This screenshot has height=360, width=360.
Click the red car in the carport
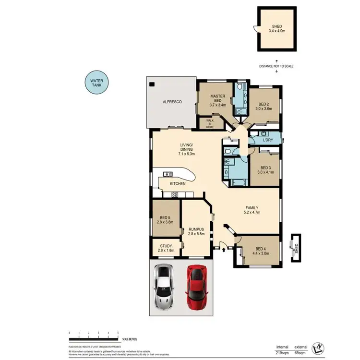coord(196,288)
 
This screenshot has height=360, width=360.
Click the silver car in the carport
coord(162,288)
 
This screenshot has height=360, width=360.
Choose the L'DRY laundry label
coord(268,140)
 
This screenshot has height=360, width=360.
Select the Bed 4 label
coord(262,251)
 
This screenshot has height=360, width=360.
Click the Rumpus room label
coord(197,231)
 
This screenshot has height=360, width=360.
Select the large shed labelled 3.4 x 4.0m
coord(277,29)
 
